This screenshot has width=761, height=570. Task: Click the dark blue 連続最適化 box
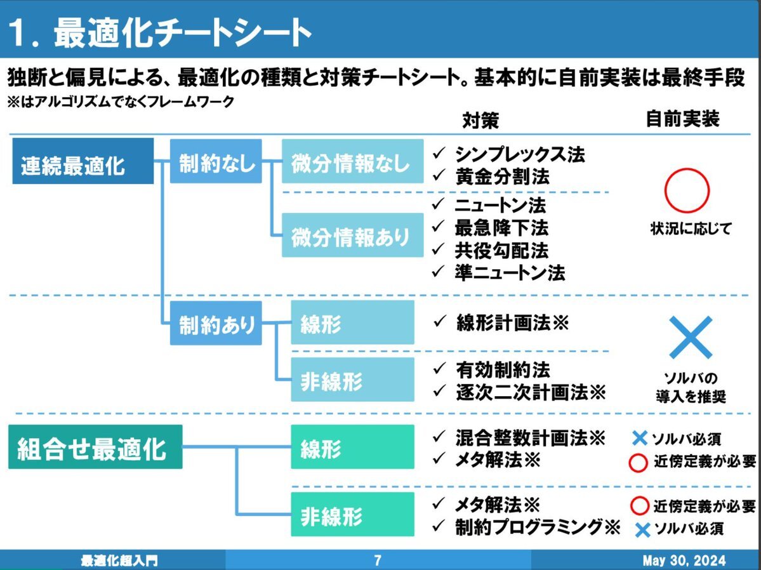pos(83,161)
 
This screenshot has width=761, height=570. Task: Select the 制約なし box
pos(216,161)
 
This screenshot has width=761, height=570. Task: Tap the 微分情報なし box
pos(352,161)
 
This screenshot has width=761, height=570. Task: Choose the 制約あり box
pos(216,323)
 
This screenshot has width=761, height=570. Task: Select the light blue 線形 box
pos(352,323)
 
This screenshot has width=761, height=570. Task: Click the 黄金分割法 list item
pos(501,176)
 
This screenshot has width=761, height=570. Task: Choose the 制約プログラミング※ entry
pos(537,526)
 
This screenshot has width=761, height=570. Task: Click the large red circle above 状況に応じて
pos(687,190)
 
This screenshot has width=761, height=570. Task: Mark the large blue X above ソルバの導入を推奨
pos(691,337)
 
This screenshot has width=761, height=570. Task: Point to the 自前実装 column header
pos(682,119)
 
